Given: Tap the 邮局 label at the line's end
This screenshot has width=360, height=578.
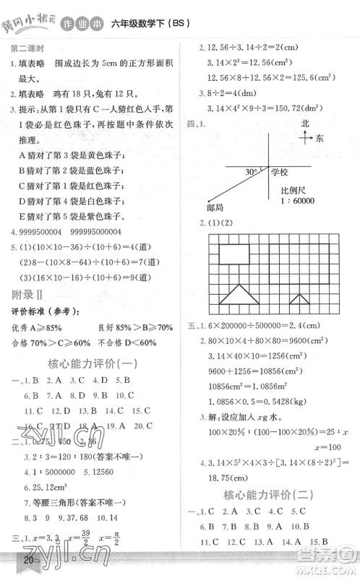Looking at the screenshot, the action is point(215,207).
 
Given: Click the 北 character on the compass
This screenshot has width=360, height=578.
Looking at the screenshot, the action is point(305,124).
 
